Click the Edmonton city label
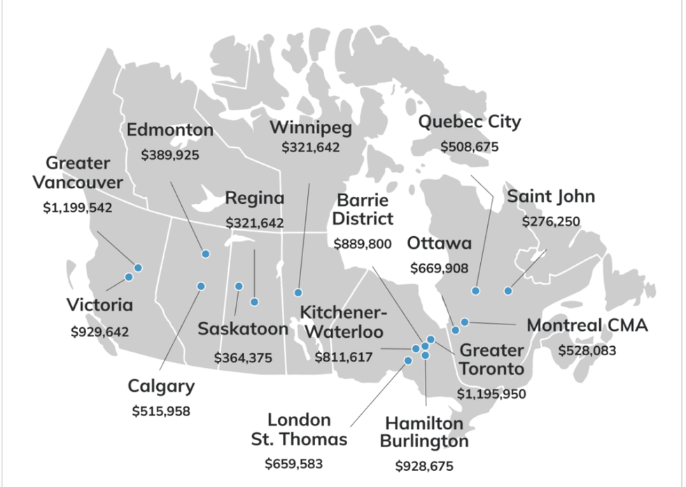coord(170,130)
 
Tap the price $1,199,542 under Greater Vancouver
coord(77,208)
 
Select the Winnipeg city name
coord(311,128)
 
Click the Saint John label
coord(551,196)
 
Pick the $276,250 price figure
coord(551,221)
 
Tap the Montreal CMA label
coord(587,326)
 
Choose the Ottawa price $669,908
coord(440,268)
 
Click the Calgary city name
coord(161,386)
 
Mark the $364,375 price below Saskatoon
coord(243,357)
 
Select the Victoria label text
coord(99,306)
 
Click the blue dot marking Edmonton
coord(206,254)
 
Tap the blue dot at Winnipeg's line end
coord(298,292)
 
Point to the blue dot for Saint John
coord(508,291)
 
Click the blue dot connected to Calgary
coord(201,286)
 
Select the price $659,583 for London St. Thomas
coord(294,463)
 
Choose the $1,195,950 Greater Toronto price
coord(491,394)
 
